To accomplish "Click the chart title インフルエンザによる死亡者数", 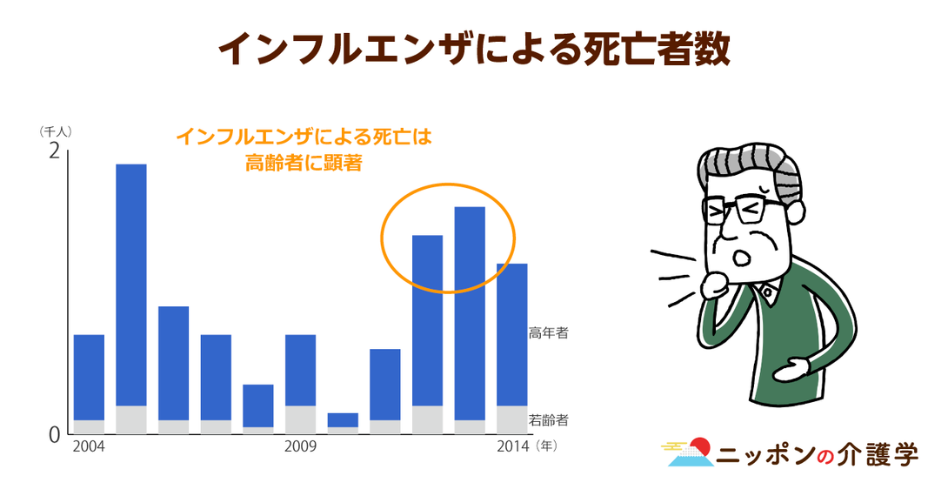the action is (x=474, y=49).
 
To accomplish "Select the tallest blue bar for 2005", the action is (x=131, y=285).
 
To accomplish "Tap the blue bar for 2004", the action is (x=89, y=378).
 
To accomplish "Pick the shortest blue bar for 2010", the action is (x=343, y=420).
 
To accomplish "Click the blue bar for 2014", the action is (x=512, y=334).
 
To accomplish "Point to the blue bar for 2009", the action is (x=300, y=370).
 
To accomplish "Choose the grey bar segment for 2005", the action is (x=131, y=419).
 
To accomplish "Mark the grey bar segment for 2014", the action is (x=512, y=419).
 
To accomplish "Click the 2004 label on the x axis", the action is (x=88, y=447).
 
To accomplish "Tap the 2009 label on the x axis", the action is (x=300, y=447).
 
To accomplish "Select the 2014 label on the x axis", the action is (x=512, y=447).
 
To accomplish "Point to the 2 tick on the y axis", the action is (x=55, y=151).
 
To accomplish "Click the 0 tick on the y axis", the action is (x=55, y=435).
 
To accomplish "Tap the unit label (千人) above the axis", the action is (x=55, y=131).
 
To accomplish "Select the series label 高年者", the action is (x=549, y=332).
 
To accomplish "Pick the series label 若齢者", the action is (x=549, y=419).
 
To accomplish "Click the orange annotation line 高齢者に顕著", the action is (x=304, y=163).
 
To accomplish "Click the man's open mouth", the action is (x=741, y=257).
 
